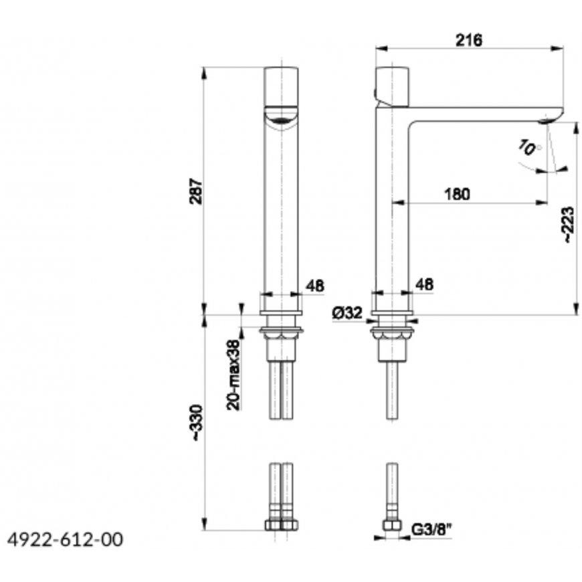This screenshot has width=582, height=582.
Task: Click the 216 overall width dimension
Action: (469, 40)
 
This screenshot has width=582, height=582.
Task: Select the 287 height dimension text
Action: (197, 191)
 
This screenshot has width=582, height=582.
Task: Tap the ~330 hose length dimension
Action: (197, 423)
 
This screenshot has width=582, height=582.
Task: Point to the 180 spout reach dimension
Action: (457, 194)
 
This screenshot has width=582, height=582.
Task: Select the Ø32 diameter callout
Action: (347, 313)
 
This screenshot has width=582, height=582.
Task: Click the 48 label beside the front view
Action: (315, 286)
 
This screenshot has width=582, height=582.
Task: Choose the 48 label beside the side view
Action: (424, 285)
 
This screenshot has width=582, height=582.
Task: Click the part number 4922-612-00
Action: (65, 540)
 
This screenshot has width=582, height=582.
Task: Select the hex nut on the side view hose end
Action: (392, 525)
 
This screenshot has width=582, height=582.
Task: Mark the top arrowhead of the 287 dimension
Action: (203, 73)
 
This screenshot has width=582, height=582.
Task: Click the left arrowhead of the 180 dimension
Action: (399, 202)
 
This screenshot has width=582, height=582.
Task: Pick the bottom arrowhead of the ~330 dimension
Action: (203, 524)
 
